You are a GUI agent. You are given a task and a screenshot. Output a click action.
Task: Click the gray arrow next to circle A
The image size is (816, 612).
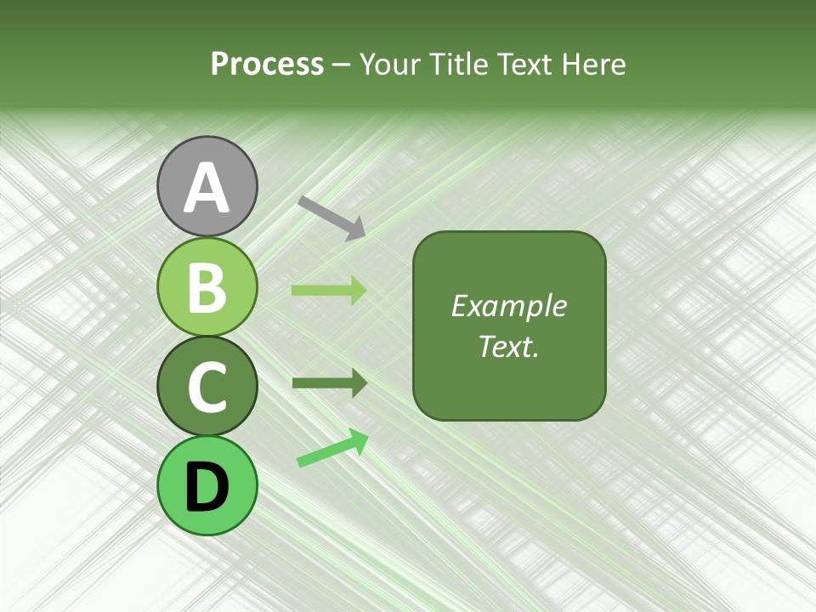click(x=331, y=218)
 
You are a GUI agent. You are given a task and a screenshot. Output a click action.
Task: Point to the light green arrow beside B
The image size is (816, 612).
click(x=329, y=291)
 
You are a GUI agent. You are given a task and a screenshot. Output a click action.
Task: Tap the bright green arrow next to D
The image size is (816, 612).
click(x=332, y=449)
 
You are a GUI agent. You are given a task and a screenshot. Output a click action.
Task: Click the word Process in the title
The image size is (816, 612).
click(x=267, y=65)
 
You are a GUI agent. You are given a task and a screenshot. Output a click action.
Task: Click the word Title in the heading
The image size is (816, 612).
click(x=451, y=65)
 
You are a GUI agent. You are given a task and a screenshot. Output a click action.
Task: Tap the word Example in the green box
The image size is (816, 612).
click(x=508, y=306)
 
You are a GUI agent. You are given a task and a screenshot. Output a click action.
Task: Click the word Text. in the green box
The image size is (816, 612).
click(x=508, y=347)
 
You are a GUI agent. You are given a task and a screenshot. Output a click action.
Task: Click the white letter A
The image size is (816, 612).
click(x=207, y=188)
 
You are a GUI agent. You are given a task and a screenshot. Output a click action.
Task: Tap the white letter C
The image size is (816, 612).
click(x=207, y=387)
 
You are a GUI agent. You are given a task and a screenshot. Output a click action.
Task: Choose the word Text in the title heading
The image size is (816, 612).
click(x=520, y=65)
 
